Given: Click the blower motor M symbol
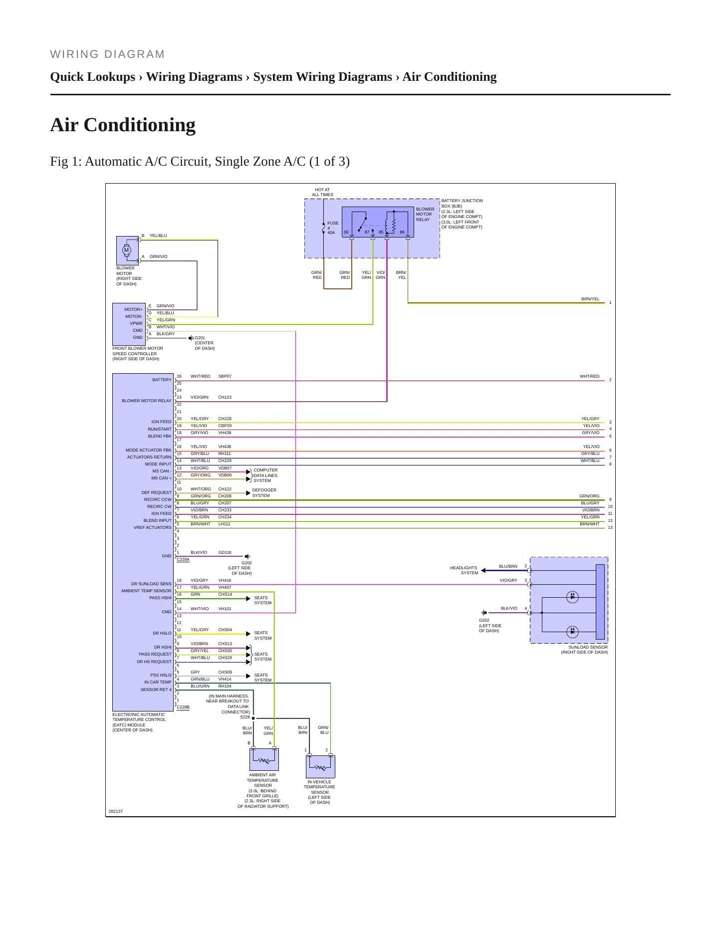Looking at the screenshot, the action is click(x=127, y=250).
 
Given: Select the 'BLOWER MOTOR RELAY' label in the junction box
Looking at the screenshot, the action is click(x=425, y=215).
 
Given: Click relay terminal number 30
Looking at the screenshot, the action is click(x=346, y=232).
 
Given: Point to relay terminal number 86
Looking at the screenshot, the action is click(x=402, y=232).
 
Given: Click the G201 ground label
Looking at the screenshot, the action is click(x=200, y=338).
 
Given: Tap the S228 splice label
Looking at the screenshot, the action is click(x=245, y=717).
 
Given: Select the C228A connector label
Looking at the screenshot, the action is click(x=183, y=559).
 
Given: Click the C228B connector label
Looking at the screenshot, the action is click(x=183, y=706).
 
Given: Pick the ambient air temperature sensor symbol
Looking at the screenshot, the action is click(x=264, y=759).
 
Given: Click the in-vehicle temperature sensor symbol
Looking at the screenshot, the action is click(x=320, y=766).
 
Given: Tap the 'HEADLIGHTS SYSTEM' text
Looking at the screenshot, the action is click(x=464, y=570).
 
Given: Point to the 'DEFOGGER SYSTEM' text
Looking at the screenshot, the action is click(x=264, y=493).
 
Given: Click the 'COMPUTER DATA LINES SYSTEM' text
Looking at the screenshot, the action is click(x=265, y=475).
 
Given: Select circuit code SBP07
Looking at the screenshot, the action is click(x=225, y=376).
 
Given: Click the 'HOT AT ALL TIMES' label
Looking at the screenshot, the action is click(x=322, y=192).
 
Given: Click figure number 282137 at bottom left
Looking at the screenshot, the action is click(x=116, y=811).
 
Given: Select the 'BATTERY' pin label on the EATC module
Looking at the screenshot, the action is click(x=162, y=380).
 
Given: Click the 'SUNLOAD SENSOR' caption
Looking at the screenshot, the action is click(x=588, y=647).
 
